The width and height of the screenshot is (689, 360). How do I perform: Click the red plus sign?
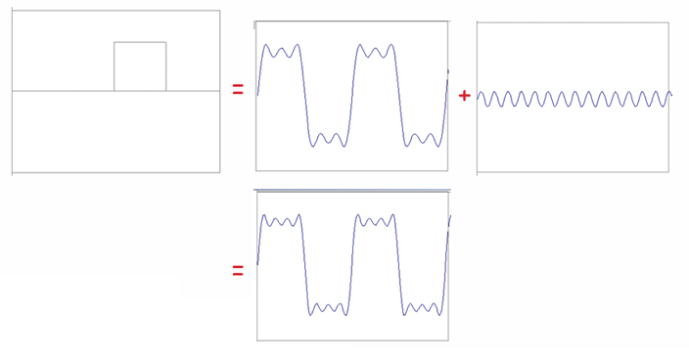[464, 95]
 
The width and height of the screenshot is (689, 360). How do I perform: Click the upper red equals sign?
[238, 90]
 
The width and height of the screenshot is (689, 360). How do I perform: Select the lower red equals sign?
[238, 271]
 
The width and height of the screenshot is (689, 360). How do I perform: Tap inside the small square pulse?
[140, 67]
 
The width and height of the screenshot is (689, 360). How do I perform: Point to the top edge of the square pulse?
[140, 42]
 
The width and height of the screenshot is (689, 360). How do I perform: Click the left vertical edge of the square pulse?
[115, 67]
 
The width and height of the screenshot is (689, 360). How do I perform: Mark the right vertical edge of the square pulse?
[165, 67]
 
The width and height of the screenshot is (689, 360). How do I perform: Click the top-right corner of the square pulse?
[165, 42]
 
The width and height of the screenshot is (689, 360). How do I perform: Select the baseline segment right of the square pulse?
[193, 91]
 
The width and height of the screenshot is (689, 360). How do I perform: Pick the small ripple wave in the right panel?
[574, 99]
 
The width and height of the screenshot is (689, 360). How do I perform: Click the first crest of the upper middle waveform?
[280, 50]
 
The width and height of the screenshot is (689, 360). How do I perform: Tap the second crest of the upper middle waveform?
[376, 50]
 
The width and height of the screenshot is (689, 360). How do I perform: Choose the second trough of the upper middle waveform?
[423, 140]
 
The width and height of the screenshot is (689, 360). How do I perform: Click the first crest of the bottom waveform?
[280, 221]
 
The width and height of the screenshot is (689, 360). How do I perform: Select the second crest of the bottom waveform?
[376, 221]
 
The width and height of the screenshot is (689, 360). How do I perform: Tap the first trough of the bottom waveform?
[328, 309]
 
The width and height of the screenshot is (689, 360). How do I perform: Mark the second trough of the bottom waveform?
[423, 309]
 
